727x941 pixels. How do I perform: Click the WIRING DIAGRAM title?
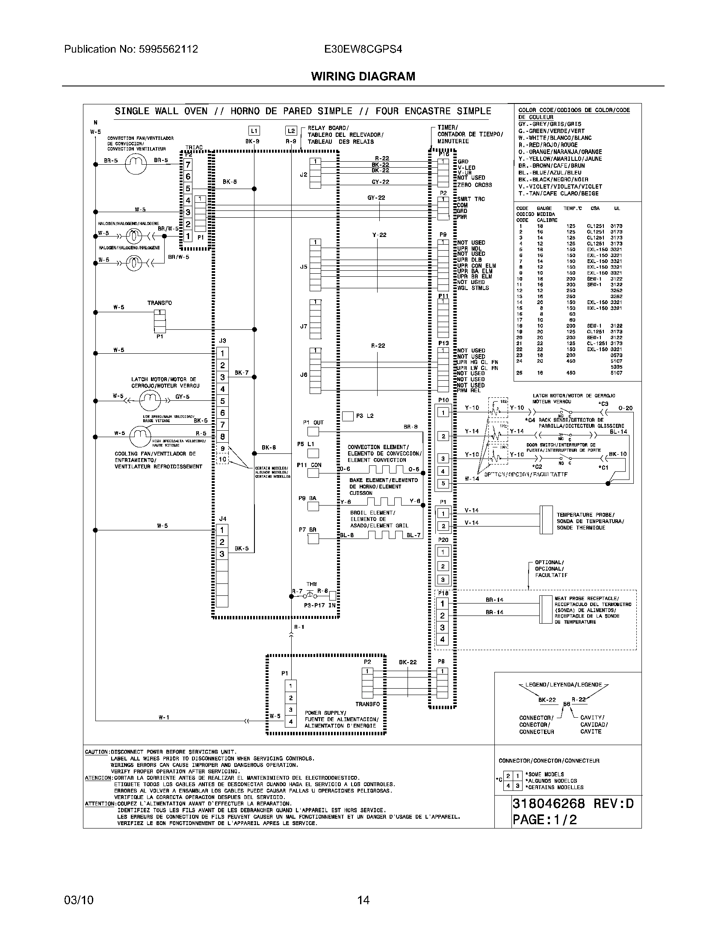[x=363, y=76]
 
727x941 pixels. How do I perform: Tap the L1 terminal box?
[x=254, y=130]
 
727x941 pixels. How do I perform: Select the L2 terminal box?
[x=291, y=130]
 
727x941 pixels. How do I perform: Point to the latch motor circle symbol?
[x=149, y=401]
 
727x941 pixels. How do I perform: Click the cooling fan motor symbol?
[x=140, y=436]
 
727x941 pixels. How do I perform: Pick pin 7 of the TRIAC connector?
[x=188, y=165]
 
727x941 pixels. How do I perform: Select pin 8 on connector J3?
[x=222, y=436]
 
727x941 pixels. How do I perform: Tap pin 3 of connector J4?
[x=222, y=554]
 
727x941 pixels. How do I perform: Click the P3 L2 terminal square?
[x=348, y=416]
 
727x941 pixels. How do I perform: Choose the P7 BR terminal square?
[x=313, y=539]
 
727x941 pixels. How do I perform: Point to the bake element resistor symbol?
[x=384, y=501]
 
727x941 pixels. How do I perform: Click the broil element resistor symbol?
[x=384, y=535]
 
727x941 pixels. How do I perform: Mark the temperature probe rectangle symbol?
[x=546, y=520]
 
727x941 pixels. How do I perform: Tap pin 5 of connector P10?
[x=443, y=483]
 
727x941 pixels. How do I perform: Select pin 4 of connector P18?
[x=442, y=640]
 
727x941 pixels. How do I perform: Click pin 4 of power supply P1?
[x=291, y=722]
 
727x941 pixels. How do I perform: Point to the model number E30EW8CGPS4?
[x=363, y=49]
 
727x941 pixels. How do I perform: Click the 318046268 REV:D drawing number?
[x=573, y=804]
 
